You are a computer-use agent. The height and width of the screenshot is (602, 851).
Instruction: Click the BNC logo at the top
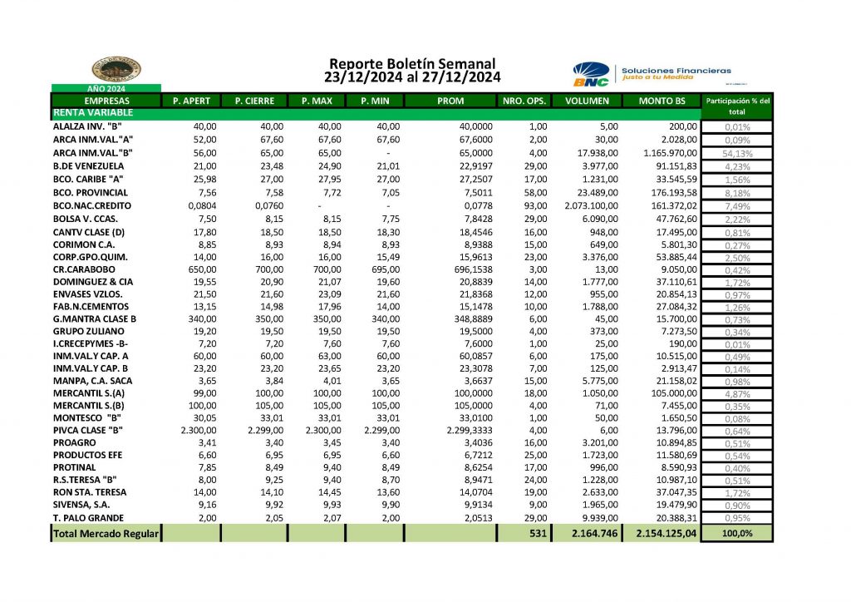591,74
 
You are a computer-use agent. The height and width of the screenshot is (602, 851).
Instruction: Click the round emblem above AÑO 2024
116,70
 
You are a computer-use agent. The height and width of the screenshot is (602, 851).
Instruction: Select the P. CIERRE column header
253,101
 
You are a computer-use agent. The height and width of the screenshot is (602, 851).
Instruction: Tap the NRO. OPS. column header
524,101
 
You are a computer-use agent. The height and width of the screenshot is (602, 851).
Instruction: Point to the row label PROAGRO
74,443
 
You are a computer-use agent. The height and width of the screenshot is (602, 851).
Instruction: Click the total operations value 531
537,534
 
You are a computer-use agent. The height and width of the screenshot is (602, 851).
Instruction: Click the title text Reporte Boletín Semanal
412,64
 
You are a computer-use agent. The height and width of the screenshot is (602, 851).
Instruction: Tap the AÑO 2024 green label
106,88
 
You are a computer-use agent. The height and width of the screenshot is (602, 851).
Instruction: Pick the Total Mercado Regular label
106,534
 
